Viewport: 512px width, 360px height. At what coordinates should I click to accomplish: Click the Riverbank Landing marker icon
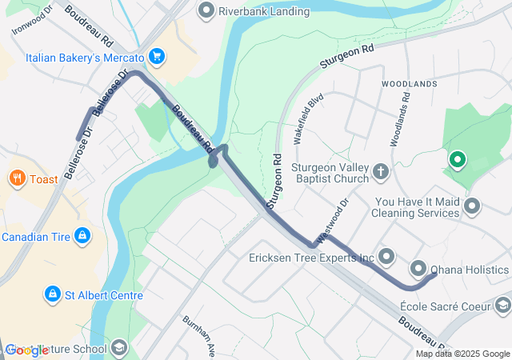[x=206, y=11]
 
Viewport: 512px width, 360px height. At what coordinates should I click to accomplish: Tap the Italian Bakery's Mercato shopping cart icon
[x=157, y=58]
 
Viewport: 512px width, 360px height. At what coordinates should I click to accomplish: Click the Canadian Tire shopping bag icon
[x=81, y=236]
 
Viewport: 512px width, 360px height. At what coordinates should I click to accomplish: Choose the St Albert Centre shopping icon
[x=53, y=294]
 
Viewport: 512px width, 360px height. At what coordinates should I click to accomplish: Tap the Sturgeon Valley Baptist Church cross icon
[x=381, y=170]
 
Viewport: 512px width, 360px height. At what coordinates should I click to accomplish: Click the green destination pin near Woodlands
[x=457, y=160]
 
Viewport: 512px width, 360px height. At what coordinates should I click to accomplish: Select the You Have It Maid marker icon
[x=472, y=206]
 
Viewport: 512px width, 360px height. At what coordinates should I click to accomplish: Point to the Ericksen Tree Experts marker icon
[x=387, y=257]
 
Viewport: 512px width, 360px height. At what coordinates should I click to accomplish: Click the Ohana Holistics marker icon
[x=418, y=269]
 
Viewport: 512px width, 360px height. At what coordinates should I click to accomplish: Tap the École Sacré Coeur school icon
[x=502, y=305]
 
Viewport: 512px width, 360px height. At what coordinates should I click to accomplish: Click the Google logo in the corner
[x=26, y=350]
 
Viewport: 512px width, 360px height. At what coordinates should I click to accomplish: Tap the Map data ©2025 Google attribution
[x=462, y=354]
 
